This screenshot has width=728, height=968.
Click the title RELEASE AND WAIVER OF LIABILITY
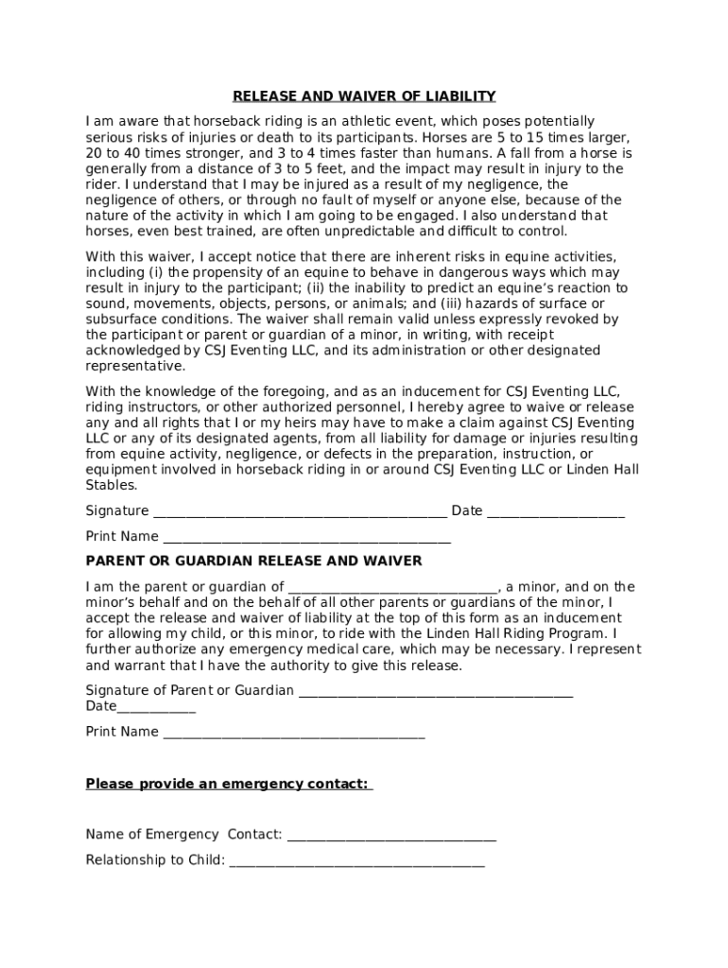pos(364,96)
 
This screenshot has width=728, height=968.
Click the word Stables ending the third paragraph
pos(111,486)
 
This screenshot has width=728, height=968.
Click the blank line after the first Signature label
pos(300,512)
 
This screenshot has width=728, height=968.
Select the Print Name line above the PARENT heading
pos(306,538)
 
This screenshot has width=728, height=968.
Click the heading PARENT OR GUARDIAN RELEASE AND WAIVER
pos(253,562)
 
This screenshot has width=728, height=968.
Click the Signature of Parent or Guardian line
pos(435,692)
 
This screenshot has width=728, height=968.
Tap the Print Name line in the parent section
pos(293,733)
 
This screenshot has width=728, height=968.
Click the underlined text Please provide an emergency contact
pos(229,784)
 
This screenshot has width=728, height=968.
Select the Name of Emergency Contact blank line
pos(391,836)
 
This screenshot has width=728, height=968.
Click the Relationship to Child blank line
pos(356,861)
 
